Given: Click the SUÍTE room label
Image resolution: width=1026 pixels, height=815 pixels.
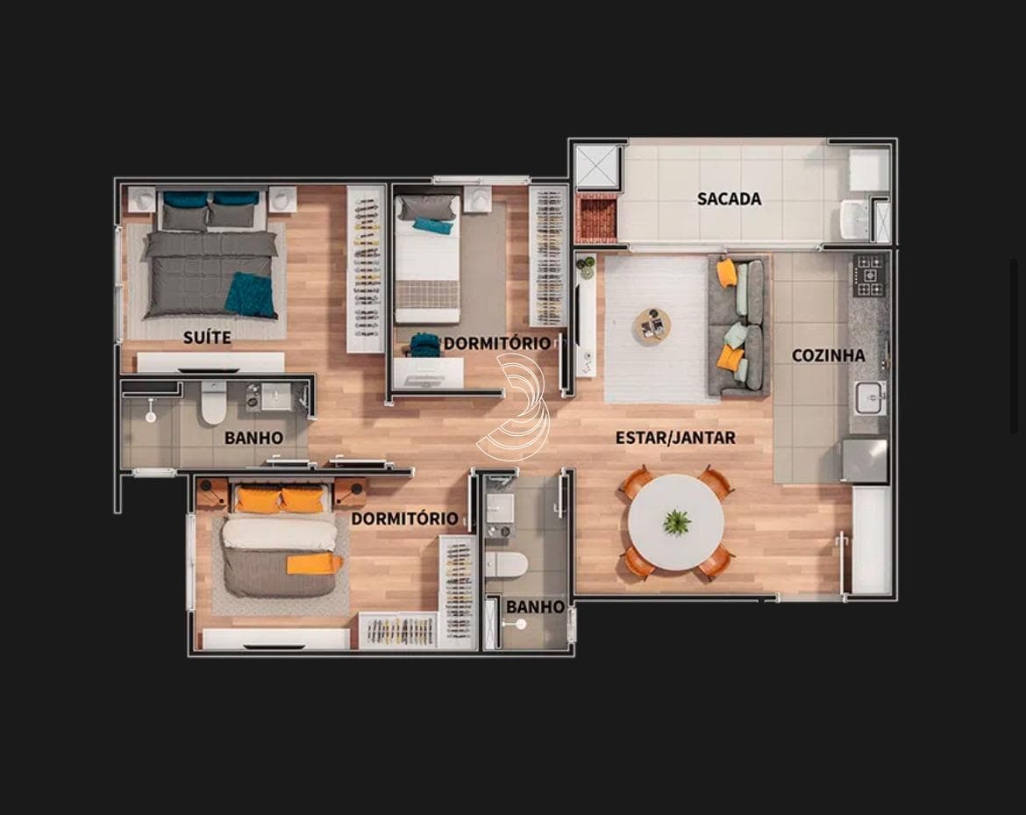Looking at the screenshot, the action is (207, 337).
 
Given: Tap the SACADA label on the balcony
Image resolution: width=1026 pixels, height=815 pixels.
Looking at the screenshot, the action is (729, 198).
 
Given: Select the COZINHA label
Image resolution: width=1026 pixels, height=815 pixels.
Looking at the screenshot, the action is (829, 355).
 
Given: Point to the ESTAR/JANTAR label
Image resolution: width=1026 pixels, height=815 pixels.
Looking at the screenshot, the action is (675, 437).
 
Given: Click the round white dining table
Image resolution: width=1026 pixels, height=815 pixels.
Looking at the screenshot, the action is (676, 523).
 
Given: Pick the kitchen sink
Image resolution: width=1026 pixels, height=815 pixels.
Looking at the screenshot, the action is (870, 397).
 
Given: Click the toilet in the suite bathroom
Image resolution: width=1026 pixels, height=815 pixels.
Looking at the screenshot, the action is (213, 404).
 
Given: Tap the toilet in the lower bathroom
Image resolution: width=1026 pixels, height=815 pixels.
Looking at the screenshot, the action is (506, 565).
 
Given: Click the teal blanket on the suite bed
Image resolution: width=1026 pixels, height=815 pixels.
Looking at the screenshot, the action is (251, 295).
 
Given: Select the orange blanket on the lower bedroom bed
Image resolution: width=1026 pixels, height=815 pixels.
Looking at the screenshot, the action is (314, 563).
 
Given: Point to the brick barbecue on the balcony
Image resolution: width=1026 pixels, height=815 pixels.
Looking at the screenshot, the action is (595, 218).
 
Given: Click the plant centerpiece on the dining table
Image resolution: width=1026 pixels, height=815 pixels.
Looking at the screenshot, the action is (677, 522).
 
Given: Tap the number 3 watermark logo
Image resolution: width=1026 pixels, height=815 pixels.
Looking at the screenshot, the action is (517, 406).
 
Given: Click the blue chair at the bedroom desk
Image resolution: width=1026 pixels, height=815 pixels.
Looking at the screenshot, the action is (424, 344).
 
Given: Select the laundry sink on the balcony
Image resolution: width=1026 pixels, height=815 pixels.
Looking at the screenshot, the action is (854, 219).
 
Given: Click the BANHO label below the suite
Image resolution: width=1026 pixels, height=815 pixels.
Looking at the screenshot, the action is (253, 437).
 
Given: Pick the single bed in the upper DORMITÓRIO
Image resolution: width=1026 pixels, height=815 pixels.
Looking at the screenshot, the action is (428, 259).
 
